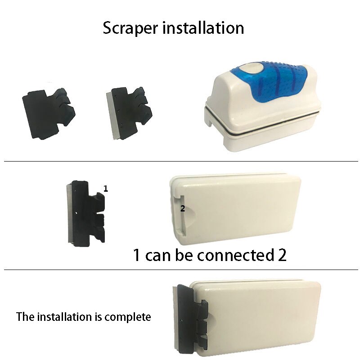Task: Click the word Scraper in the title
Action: (x=130, y=28)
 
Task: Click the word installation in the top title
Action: (x=203, y=28)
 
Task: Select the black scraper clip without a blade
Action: (x=49, y=114)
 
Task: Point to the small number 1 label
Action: (x=105, y=189)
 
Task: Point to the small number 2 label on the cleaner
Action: (x=183, y=208)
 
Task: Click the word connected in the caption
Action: (x=236, y=255)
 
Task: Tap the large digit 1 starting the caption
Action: (x=137, y=255)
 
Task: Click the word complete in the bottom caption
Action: (x=128, y=317)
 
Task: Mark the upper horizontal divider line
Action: (x=181, y=161)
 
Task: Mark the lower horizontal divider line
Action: (x=181, y=270)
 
